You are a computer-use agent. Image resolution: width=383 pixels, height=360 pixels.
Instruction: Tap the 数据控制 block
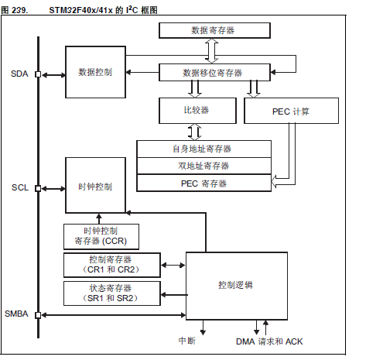click(x=95, y=72)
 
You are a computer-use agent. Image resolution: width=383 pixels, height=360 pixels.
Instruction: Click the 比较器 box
click(x=197, y=111)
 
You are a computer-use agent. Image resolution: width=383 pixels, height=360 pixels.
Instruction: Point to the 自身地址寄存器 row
click(x=203, y=148)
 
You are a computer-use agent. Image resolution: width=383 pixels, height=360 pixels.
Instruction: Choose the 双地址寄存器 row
click(x=203, y=166)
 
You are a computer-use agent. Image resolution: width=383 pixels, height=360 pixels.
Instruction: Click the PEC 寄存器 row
click(x=203, y=183)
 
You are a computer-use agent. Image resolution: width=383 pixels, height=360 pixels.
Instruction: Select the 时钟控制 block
click(x=95, y=187)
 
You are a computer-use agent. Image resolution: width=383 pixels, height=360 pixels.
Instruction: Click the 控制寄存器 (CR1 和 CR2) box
click(x=111, y=265)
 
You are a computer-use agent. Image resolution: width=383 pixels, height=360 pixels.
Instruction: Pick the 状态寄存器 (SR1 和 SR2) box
click(x=111, y=293)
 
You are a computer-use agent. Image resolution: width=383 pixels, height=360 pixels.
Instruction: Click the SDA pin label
click(x=19, y=74)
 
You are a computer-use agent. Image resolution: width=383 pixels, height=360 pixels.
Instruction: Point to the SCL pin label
click(x=19, y=188)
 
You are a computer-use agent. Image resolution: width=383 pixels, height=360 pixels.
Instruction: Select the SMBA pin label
click(x=17, y=314)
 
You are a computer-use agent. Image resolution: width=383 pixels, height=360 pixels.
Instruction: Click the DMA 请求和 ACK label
click(x=269, y=341)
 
